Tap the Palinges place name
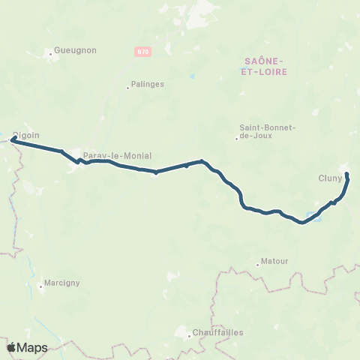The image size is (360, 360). pyautogui.click(x=148, y=85)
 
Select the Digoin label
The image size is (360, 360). pyautogui.click(x=26, y=135)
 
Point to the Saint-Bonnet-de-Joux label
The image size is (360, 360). pyautogui.click(x=268, y=132)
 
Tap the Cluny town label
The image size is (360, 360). pyautogui.click(x=330, y=178)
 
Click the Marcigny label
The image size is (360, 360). pyautogui.click(x=63, y=283)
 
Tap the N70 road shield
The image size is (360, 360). pyautogui.click(x=143, y=52)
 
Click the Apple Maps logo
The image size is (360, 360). pyautogui.click(x=28, y=347)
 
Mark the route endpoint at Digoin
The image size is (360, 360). pyautogui.click(x=13, y=139)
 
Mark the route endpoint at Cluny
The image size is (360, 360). pyautogui.click(x=346, y=175)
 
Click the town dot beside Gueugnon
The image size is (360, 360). pyautogui.click(x=50, y=54)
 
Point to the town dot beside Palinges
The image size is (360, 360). pyautogui.click(x=127, y=88)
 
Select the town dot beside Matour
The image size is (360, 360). pyautogui.click(x=257, y=263)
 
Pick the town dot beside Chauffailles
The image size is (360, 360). pyautogui.click(x=189, y=335)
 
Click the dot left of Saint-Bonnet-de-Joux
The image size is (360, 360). pyautogui.click(x=236, y=138)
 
